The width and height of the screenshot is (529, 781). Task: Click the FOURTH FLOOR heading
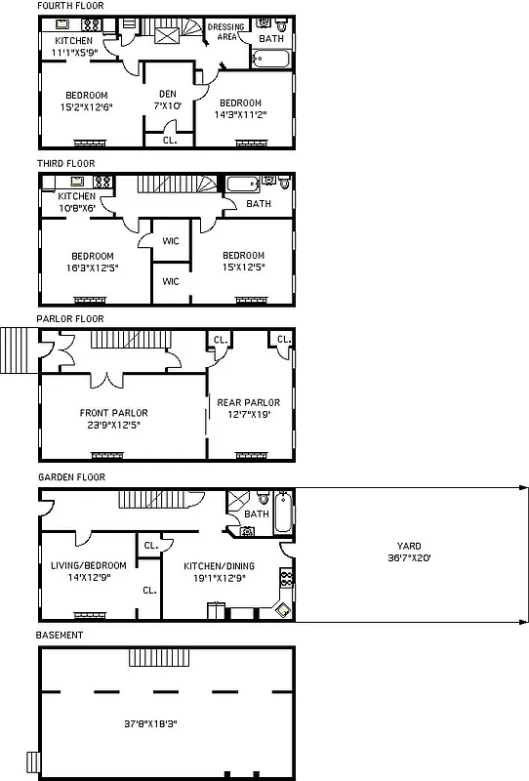coord(70,6)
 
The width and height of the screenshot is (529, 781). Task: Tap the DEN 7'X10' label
coord(163,99)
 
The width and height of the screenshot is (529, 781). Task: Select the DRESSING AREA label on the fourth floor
coord(225,32)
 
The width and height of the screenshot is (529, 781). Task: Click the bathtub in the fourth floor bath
coord(271,59)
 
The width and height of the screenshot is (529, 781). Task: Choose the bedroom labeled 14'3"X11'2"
coord(240,108)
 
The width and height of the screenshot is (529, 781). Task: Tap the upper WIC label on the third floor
coord(171,240)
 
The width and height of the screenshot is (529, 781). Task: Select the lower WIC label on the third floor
coord(171,281)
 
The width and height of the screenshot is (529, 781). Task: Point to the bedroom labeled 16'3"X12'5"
coord(94,261)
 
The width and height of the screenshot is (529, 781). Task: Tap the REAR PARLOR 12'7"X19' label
coord(248,408)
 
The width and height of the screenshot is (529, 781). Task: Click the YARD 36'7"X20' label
coord(409,553)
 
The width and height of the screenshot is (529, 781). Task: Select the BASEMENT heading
coord(60,635)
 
